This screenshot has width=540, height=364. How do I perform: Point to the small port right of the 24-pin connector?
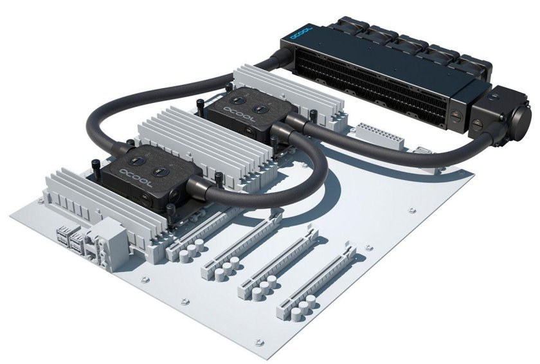(422, 152)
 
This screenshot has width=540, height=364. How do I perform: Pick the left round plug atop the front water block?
(134, 158)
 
